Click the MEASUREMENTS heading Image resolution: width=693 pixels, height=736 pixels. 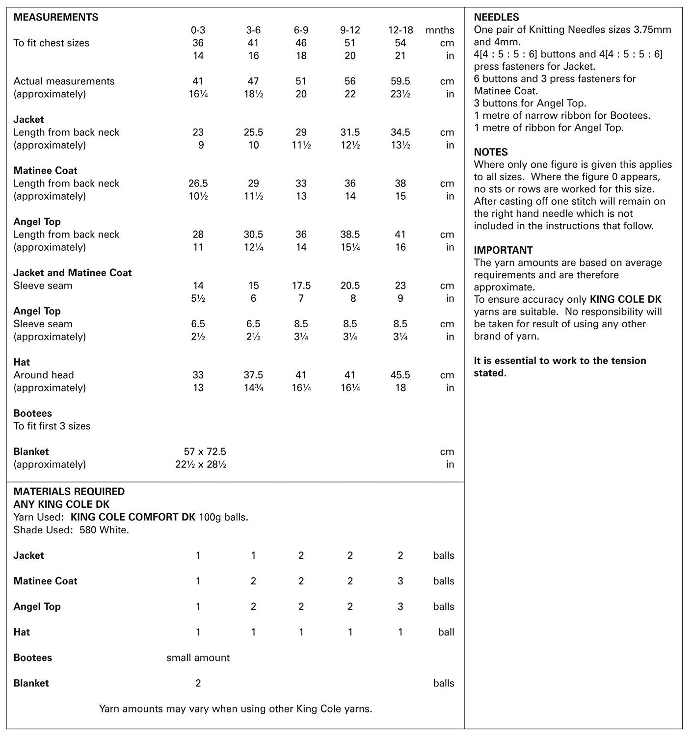(55, 17)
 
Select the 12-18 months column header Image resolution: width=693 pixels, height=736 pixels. (400, 30)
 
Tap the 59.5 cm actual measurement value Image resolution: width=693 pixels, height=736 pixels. (400, 81)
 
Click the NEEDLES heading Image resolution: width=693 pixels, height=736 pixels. (496, 17)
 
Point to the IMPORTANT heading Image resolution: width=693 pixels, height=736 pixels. (503, 250)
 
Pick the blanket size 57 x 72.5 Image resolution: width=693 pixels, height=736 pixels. (205, 451)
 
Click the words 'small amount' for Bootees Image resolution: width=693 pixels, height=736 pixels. (198, 657)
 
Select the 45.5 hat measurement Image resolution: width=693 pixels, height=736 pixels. (400, 375)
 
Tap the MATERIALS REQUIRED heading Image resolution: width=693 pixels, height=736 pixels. (69, 491)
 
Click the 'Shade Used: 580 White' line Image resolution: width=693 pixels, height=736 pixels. (71, 530)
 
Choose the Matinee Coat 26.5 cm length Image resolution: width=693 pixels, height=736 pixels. (198, 183)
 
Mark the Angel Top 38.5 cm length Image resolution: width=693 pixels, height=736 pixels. (350, 235)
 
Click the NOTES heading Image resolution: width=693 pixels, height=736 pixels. (491, 152)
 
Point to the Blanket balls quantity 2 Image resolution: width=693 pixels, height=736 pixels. (198, 683)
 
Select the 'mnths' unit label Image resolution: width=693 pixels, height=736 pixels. (440, 30)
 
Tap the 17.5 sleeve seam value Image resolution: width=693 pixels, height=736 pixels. (301, 286)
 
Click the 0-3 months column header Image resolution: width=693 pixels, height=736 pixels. (198, 30)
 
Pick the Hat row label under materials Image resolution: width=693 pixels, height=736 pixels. (22, 632)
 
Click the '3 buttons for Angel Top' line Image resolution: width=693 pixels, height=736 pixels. (530, 103)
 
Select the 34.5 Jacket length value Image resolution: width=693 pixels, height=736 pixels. (400, 132)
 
